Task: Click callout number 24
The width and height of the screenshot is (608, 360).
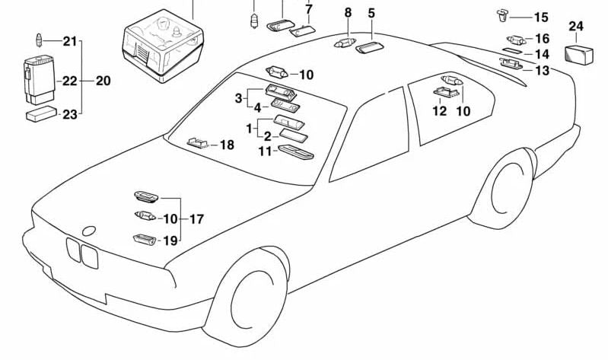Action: point(576,27)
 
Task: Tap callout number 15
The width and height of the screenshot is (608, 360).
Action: point(540,17)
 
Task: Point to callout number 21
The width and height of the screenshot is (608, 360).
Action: point(70,41)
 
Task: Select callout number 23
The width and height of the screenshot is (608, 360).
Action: point(70,115)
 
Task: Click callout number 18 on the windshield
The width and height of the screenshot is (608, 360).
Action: point(227,145)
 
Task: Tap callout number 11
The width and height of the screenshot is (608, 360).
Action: point(264,151)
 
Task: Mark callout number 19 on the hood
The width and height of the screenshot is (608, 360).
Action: point(170,241)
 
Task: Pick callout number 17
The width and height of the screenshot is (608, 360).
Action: point(196,219)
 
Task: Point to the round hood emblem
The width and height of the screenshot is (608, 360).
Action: point(89,230)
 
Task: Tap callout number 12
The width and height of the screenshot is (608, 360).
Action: point(440,111)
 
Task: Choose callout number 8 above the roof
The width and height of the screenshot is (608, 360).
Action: point(348,12)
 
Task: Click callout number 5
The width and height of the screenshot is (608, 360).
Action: point(371,12)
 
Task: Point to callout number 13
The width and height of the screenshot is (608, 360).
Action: point(542,71)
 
